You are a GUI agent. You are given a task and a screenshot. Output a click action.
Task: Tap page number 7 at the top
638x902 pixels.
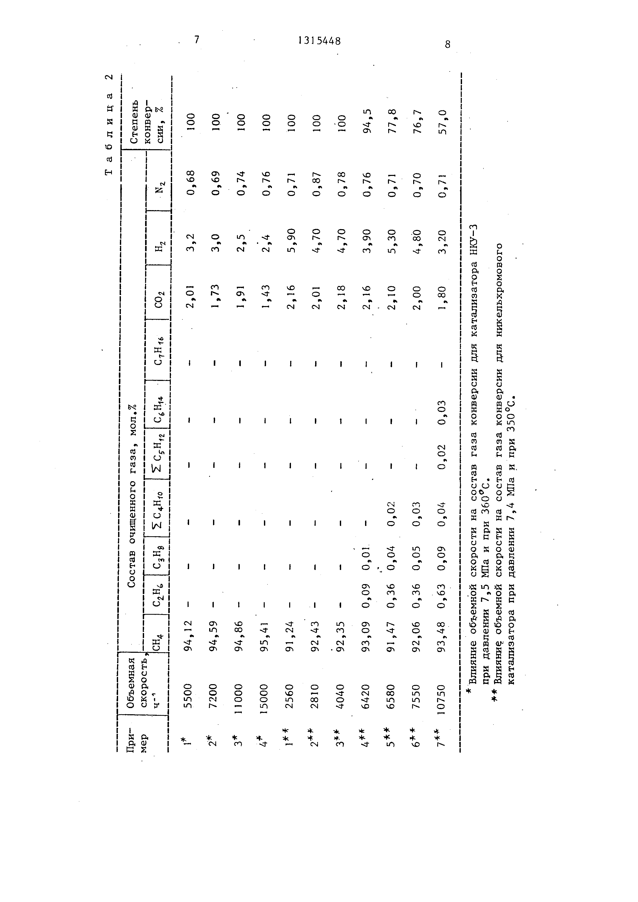pyautogui.click(x=197, y=39)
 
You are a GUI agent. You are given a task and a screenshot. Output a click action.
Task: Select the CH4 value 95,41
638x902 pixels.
pyautogui.click(x=265, y=636)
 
